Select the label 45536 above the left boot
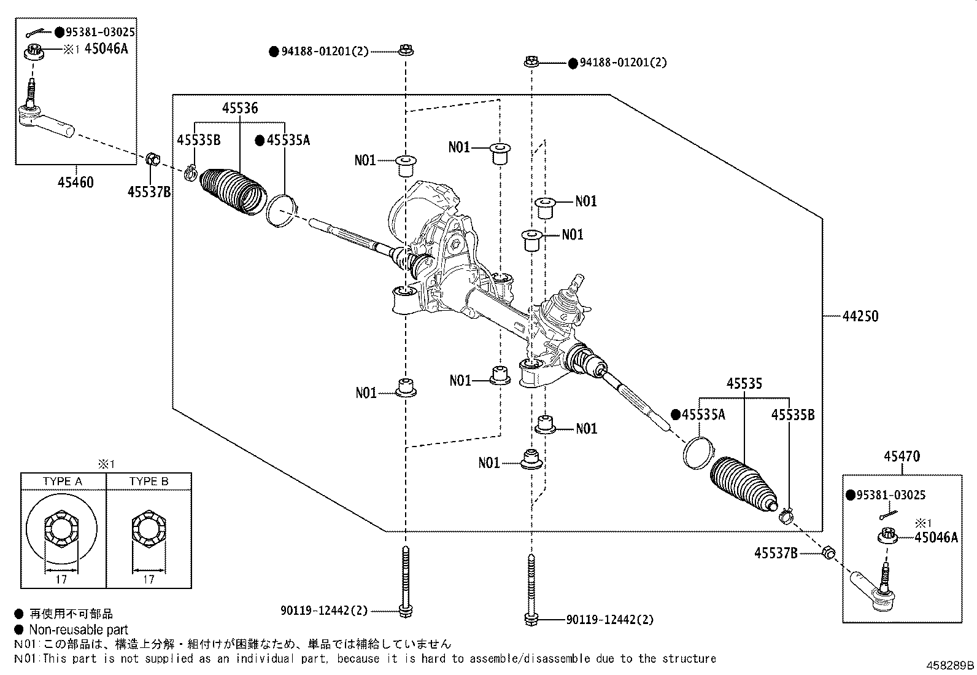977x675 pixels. [239, 109]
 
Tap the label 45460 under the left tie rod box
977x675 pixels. [76, 182]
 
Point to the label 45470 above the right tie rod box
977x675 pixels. [902, 457]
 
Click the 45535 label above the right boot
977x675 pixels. [744, 384]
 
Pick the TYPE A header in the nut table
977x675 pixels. [63, 482]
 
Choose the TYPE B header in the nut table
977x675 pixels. [149, 482]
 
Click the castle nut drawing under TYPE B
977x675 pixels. [149, 529]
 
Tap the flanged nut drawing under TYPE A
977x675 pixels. [62, 529]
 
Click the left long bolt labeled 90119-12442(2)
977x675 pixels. [405, 580]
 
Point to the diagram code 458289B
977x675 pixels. [950, 665]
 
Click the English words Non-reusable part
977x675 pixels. [79, 630]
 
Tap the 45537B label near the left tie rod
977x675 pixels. [149, 192]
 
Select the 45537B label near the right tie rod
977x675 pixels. [776, 554]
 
